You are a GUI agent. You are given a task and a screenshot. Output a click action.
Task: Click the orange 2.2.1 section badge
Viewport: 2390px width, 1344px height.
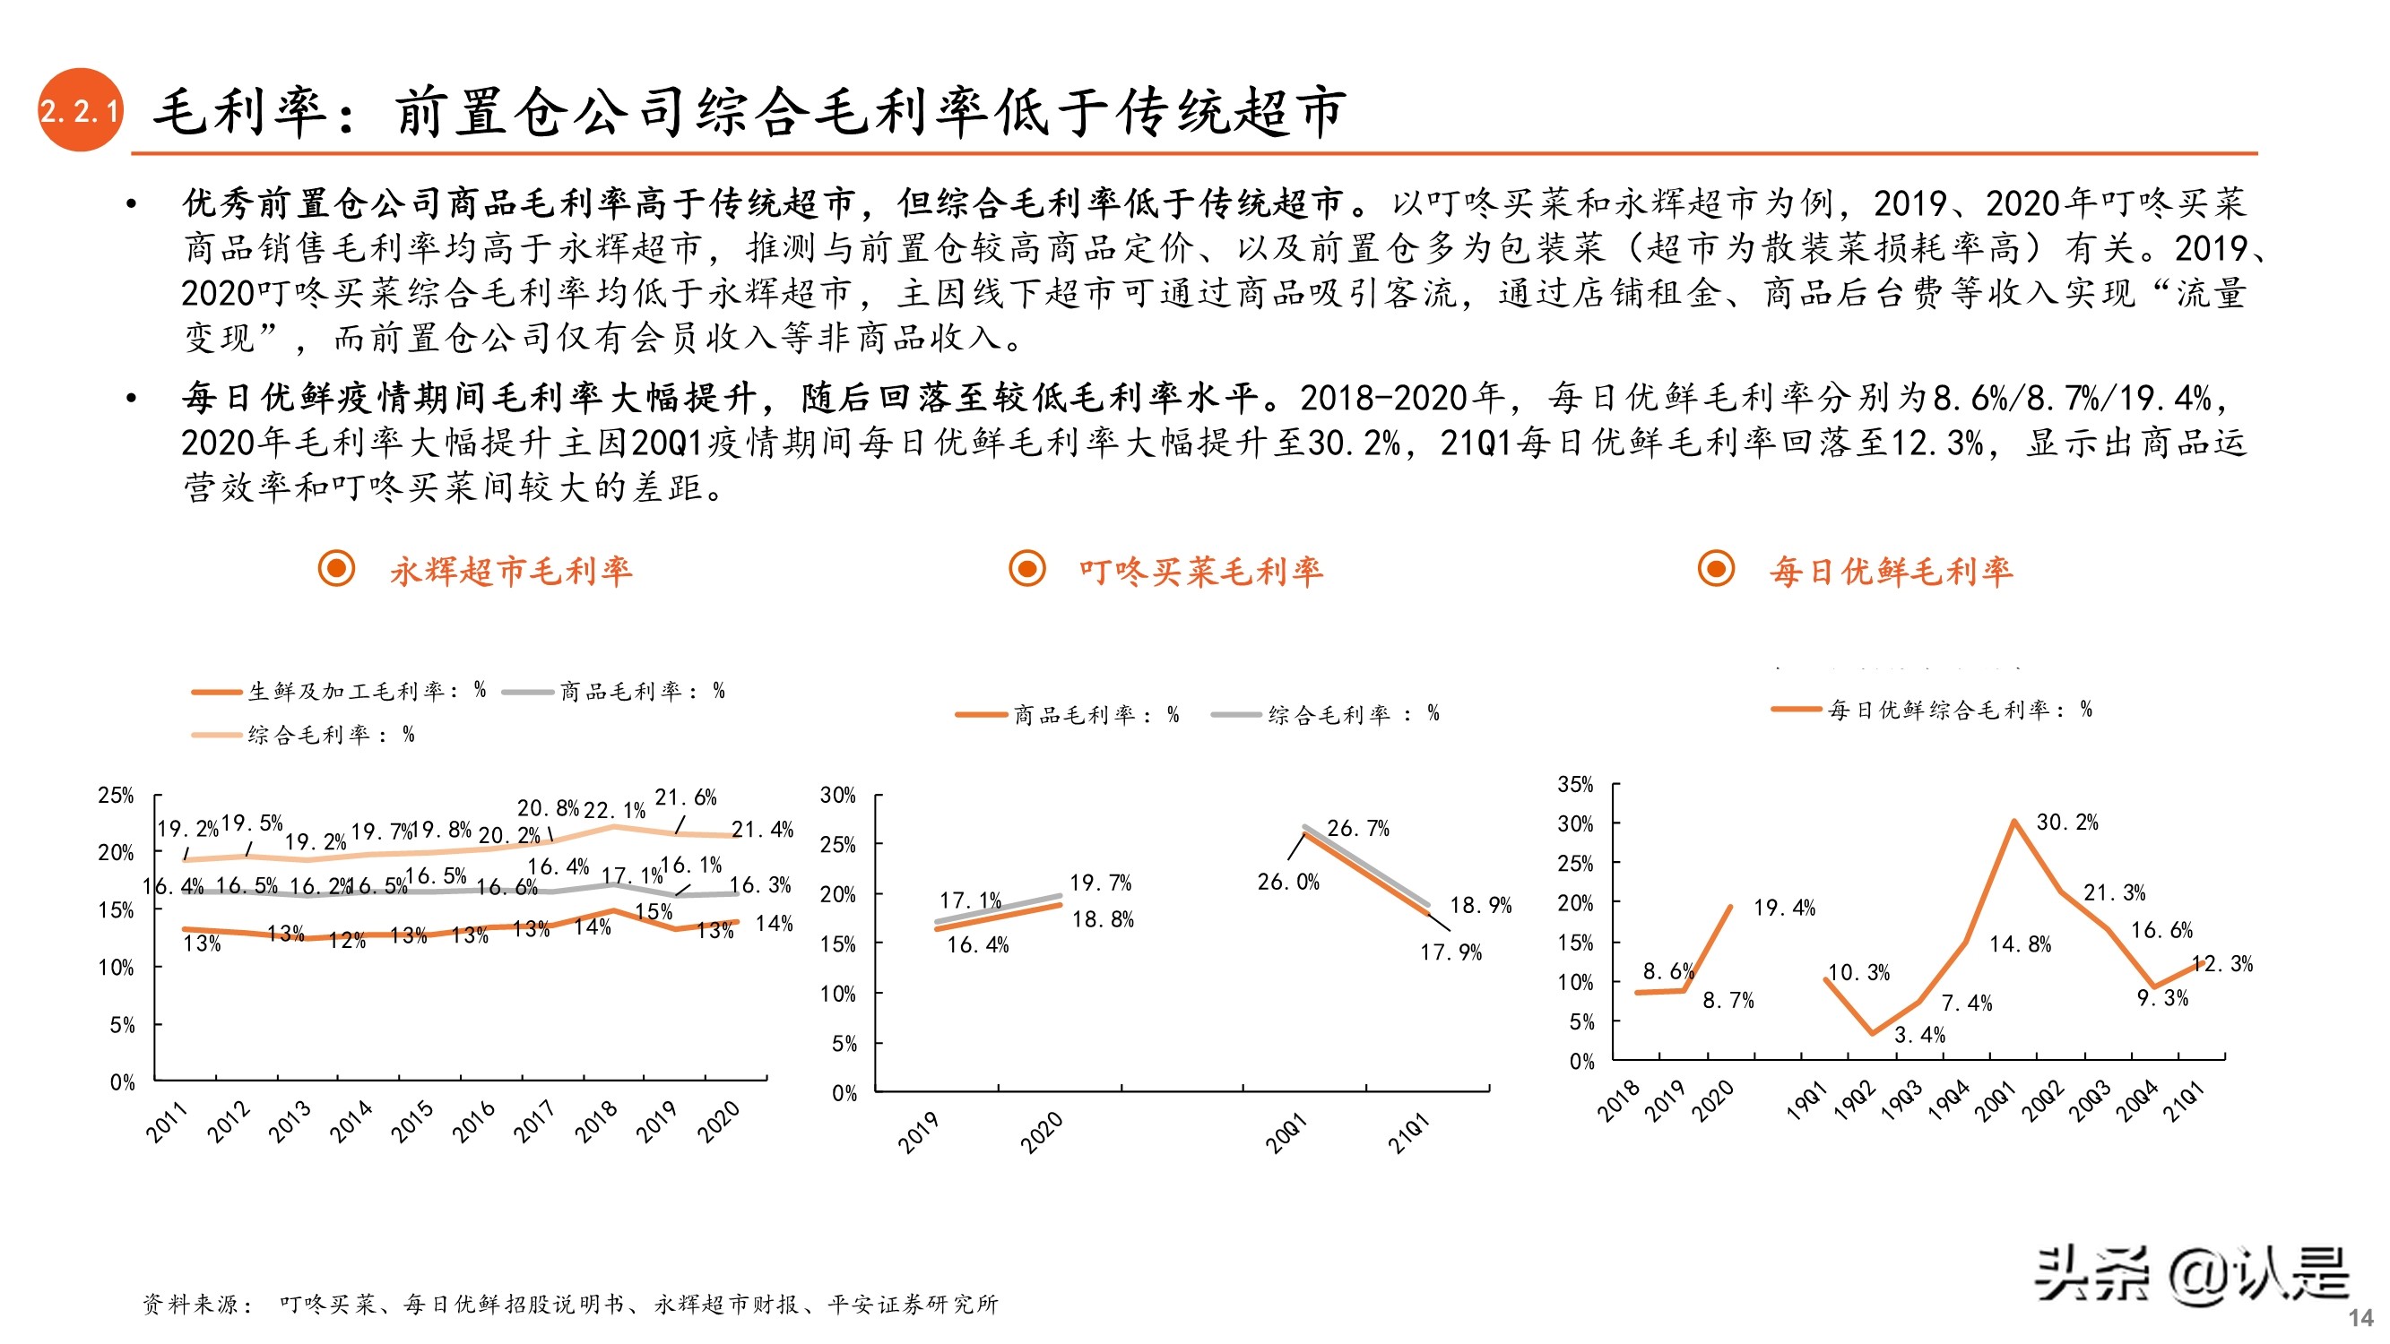click(x=80, y=110)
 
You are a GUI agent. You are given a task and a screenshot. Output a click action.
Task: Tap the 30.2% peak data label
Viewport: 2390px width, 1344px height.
click(x=2066, y=823)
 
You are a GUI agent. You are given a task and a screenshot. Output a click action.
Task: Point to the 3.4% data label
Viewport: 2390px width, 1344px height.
click(x=1918, y=1035)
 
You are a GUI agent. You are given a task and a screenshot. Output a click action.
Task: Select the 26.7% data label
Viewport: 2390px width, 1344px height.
click(x=1357, y=828)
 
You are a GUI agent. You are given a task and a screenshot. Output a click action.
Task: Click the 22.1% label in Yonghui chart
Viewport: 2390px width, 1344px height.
click(x=613, y=811)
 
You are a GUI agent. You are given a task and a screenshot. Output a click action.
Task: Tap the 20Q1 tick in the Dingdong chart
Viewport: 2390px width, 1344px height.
click(x=1286, y=1133)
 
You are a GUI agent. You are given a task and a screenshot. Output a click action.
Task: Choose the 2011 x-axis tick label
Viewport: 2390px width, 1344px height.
click(x=167, y=1123)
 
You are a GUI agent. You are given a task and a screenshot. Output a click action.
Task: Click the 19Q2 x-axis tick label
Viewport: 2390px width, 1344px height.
click(x=1855, y=1103)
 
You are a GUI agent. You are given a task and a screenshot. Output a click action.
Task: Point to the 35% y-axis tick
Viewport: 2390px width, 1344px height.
click(x=1574, y=785)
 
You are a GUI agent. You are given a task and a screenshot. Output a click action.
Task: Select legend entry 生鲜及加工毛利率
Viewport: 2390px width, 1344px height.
click(x=339, y=691)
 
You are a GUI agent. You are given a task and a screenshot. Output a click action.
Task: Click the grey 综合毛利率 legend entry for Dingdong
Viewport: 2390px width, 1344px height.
click(x=1326, y=714)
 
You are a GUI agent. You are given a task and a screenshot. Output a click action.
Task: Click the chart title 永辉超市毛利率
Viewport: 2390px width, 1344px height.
click(x=510, y=571)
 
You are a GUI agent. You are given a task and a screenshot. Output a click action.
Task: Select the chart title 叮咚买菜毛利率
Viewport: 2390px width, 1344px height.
click(x=1200, y=572)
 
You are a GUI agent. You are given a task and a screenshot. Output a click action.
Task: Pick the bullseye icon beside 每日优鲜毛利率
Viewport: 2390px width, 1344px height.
click(x=1716, y=569)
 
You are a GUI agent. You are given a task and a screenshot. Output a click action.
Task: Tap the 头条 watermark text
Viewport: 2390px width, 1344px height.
click(x=2091, y=1274)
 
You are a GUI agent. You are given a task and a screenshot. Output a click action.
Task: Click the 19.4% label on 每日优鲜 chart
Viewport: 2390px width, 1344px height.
click(x=1783, y=908)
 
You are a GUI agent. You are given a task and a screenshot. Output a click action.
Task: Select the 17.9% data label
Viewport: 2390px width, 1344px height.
click(x=1450, y=952)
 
